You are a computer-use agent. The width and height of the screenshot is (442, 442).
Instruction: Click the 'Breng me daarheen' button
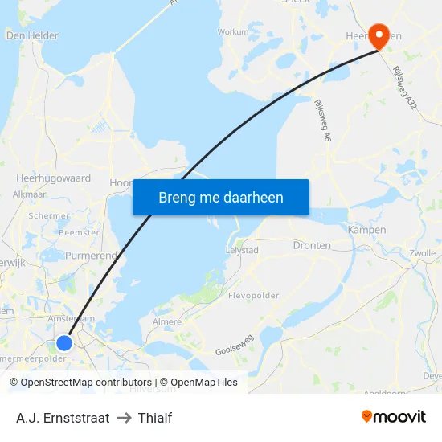click(221, 197)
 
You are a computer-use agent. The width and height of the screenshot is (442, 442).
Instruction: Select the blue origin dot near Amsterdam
click(64, 343)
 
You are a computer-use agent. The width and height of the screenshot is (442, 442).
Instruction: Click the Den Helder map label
click(31, 35)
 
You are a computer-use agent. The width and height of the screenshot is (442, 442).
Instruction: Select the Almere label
click(166, 321)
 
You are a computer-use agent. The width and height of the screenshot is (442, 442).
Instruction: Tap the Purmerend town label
click(90, 254)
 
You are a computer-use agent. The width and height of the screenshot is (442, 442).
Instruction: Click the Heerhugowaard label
click(53, 178)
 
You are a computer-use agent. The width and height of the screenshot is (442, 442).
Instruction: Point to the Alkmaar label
click(29, 194)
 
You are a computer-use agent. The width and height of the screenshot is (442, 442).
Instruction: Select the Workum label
click(233, 32)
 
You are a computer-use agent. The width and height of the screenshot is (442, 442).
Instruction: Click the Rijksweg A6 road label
click(321, 121)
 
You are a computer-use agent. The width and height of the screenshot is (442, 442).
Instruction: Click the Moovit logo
click(394, 417)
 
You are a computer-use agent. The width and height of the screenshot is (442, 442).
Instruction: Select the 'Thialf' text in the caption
click(155, 418)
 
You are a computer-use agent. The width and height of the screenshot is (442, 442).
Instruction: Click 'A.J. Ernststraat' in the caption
click(63, 418)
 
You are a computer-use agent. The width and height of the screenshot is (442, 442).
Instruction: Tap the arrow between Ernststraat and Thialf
click(124, 418)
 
